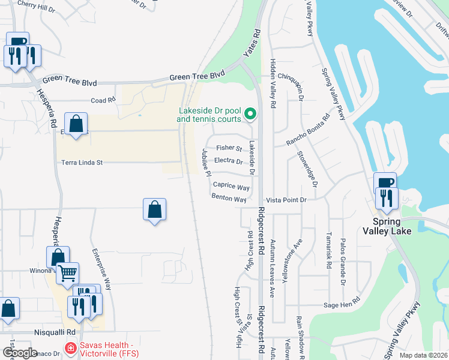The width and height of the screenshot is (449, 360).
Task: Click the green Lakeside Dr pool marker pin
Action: point(253,113)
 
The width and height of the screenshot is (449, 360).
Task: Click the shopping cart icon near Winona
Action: point(67,274)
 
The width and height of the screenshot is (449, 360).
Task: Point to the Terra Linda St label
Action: point(82,162)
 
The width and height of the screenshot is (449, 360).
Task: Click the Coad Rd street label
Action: point(103,101)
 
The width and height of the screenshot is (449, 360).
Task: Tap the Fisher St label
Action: point(229,148)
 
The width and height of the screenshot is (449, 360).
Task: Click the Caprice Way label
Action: point(231,187)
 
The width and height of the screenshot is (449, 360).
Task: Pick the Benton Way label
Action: point(229,199)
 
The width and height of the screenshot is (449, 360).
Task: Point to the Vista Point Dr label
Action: point(286,199)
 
